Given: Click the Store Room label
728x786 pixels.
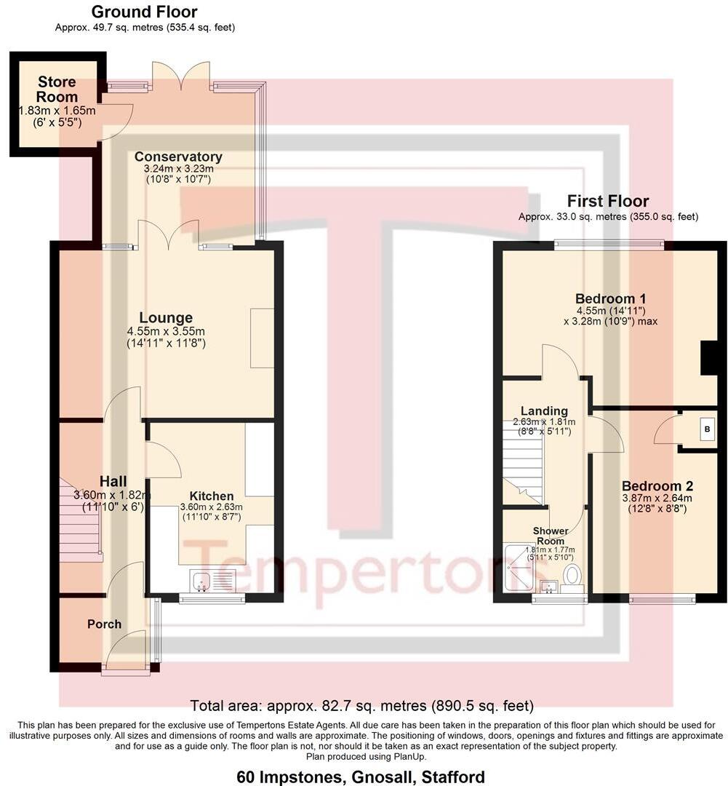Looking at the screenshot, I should [57, 90].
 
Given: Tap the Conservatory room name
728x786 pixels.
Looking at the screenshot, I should [178, 156].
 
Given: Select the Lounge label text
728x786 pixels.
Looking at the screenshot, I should [166, 318].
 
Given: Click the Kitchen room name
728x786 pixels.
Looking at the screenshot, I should [211, 496].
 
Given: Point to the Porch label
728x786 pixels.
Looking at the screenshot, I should [105, 624].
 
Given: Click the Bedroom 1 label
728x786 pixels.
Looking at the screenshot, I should [610, 298].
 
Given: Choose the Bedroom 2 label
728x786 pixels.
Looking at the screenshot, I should [657, 486].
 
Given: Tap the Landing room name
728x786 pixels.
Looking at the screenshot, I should [544, 411].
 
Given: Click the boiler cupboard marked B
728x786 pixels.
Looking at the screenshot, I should [705, 429].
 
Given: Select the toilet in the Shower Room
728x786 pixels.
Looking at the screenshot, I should [574, 576].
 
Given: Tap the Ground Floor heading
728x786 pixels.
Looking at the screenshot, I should [144, 12].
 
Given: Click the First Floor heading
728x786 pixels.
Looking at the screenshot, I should [608, 201].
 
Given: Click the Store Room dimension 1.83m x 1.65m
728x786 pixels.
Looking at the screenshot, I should [57, 111].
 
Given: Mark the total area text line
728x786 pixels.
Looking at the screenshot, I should [361, 705].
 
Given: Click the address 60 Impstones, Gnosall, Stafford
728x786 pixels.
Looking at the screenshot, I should [361, 777].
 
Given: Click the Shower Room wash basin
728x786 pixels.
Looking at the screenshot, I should [548, 586].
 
